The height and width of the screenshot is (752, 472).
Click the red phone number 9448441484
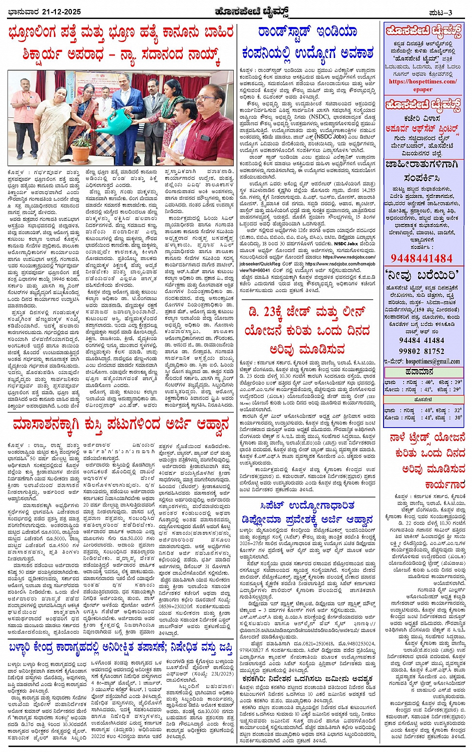pyautogui.click(x=422, y=258)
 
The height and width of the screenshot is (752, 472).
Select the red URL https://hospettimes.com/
pyautogui.click(x=422, y=81)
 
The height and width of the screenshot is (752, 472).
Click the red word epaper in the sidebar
pyautogui.click(x=423, y=89)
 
